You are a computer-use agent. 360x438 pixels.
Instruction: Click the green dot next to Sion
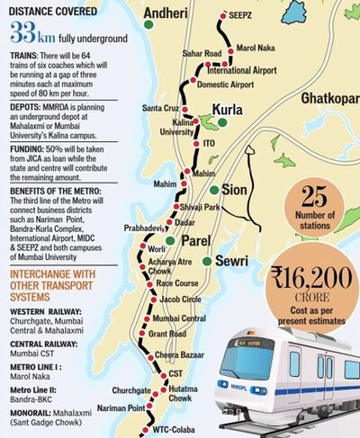click(x=213, y=191)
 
